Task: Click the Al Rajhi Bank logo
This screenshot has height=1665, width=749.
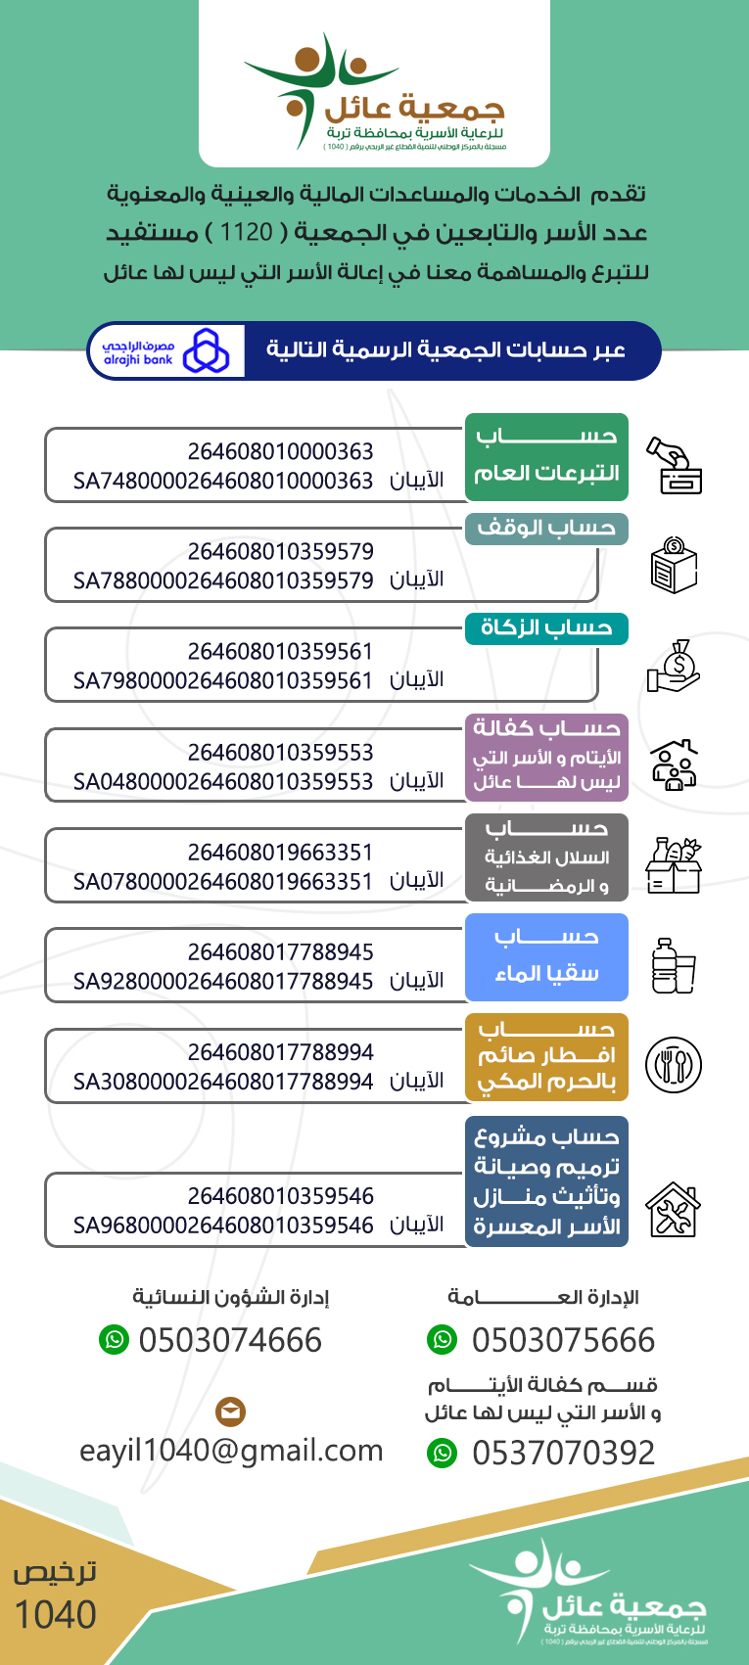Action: [165, 351]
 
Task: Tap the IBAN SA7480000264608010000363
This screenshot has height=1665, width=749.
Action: [223, 481]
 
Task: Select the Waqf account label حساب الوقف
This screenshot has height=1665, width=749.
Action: [546, 529]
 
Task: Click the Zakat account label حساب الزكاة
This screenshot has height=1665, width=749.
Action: [546, 628]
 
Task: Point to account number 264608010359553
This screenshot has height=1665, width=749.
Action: [280, 752]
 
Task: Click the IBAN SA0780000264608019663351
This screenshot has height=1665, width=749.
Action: [223, 881]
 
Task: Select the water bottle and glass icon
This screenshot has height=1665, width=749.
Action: [674, 965]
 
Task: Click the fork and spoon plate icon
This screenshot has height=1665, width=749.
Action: [674, 1064]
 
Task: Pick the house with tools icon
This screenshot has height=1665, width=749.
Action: [674, 1210]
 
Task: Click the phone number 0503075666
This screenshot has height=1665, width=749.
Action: [563, 1340]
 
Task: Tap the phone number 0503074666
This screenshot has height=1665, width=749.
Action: [230, 1340]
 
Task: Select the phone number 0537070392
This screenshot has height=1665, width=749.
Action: [563, 1454]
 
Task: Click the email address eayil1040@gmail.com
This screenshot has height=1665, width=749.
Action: [231, 1451]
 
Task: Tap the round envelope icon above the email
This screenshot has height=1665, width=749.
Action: [230, 1411]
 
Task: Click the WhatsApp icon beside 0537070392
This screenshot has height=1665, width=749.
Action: [443, 1454]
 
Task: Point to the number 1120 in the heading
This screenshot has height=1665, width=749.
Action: [246, 233]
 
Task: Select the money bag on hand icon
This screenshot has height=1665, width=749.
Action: [674, 666]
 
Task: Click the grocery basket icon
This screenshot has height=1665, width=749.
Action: [674, 865]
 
